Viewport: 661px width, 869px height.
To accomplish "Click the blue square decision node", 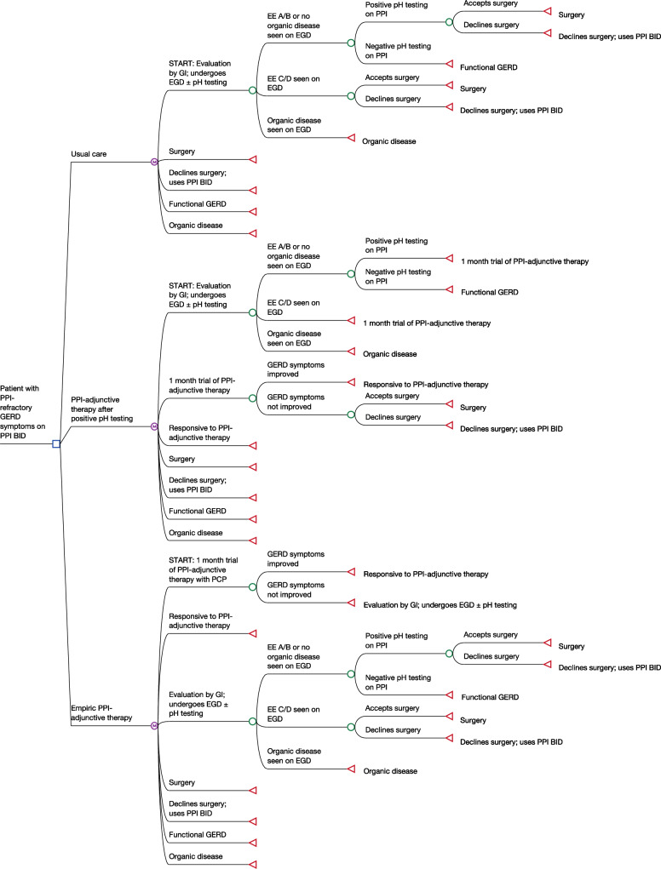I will [x=55, y=443].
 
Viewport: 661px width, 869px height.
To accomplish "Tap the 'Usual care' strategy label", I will [x=88, y=130].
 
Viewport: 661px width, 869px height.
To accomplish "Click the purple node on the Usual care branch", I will [x=154, y=161].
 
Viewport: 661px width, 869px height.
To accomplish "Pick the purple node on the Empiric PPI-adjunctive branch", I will [x=154, y=726].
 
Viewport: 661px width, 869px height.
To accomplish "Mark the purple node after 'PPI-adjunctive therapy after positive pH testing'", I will [x=154, y=426].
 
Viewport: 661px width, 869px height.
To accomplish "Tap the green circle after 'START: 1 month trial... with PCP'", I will [x=252, y=586].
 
